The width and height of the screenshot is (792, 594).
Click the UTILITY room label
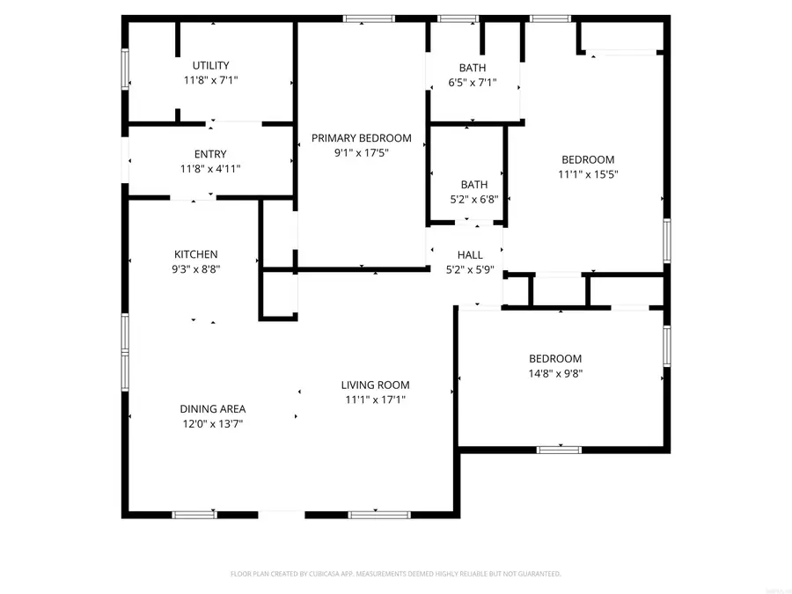point(211,65)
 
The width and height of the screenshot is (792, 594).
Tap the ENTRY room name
point(210,154)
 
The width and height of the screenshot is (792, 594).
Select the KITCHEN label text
point(195,254)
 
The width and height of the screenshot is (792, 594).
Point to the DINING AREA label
point(212,408)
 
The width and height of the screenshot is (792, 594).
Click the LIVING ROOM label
point(375,385)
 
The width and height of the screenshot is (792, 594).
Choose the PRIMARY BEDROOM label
point(361,137)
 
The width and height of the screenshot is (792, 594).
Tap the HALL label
point(469,255)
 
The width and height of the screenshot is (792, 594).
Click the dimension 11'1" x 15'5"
point(588,174)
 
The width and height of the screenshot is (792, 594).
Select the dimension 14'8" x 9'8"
point(554,373)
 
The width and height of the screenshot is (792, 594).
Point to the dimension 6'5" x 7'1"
point(472,83)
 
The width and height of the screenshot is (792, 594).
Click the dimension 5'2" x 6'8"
point(473,199)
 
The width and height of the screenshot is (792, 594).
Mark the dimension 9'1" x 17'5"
point(361,152)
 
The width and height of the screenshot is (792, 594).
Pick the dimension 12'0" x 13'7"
point(212,423)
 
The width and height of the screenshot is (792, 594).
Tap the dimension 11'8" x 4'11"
point(210,169)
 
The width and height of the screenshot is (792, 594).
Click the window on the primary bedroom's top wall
point(357,18)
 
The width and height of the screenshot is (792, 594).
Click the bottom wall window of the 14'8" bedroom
point(560,450)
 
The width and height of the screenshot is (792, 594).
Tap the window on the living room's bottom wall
point(367,514)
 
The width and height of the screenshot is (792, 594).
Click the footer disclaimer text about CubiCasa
point(395,574)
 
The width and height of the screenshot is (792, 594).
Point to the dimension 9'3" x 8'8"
point(195,269)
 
